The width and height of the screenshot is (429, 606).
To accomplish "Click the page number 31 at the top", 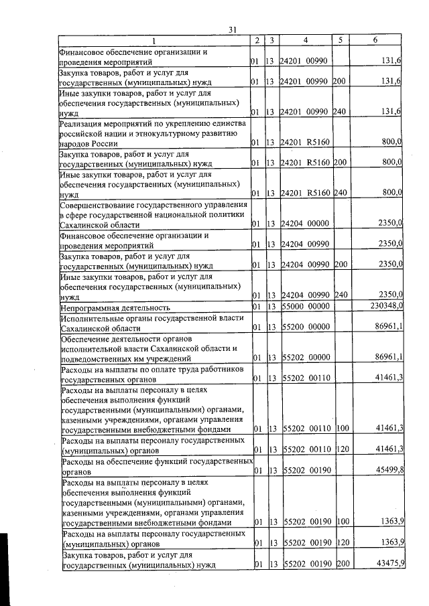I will tap(233, 29).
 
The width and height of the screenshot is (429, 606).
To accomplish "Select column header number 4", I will tap(306, 40).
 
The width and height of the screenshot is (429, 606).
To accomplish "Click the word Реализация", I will tap(83, 124).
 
